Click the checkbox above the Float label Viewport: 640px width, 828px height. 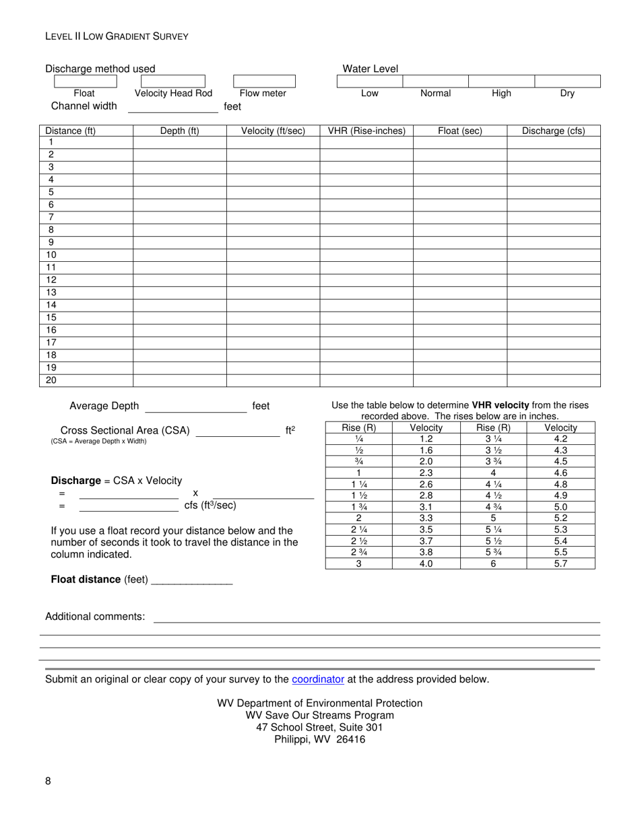(84, 81)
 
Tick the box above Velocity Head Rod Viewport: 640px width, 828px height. (173, 81)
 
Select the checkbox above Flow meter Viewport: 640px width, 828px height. (263, 81)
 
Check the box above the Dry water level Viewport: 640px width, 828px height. (567, 81)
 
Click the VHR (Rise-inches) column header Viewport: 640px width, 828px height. (366, 131)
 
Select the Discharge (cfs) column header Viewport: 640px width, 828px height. (553, 131)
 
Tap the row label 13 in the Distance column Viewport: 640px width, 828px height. (52, 292)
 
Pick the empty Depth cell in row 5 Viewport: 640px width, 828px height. (179, 193)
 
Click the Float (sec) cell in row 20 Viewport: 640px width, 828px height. (459, 380)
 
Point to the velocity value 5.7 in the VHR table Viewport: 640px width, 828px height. (561, 564)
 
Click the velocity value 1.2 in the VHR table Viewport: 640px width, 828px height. (426, 439)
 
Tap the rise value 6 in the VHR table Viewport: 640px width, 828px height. (493, 564)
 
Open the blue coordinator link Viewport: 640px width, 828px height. (318, 679)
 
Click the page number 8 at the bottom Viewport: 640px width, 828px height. (48, 781)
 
